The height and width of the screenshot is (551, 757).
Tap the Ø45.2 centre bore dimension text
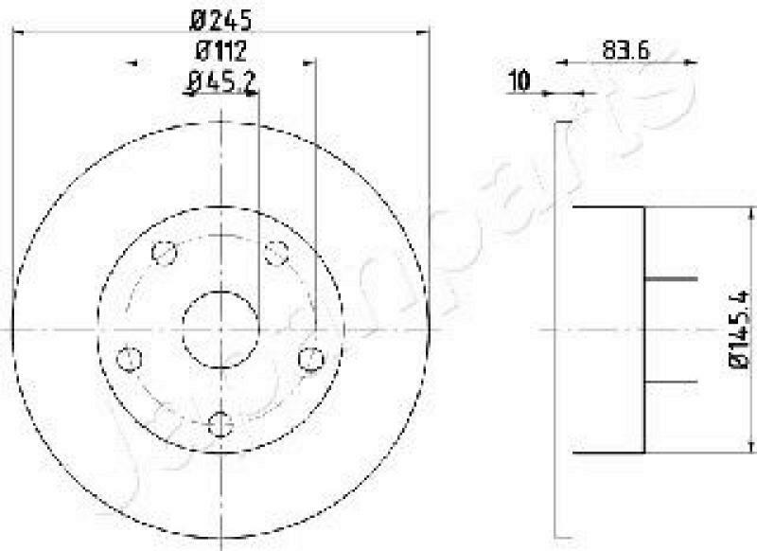pyautogui.click(x=222, y=84)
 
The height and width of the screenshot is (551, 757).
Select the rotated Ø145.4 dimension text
pyautogui.click(x=739, y=329)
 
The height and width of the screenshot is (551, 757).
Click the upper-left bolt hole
pyautogui.click(x=165, y=254)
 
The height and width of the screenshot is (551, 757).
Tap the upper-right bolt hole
pyautogui.click(x=275, y=253)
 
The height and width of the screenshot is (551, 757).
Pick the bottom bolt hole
pyautogui.click(x=220, y=422)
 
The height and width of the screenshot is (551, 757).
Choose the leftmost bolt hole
pyautogui.click(x=130, y=359)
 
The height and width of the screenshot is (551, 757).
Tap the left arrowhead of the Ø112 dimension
pyautogui.click(x=132, y=62)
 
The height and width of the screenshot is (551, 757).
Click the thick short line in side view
pyautogui.click(x=670, y=279)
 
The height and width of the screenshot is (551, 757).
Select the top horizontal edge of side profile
pyautogui.click(x=608, y=207)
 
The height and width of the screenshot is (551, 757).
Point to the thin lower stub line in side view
pyautogui.click(x=670, y=381)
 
